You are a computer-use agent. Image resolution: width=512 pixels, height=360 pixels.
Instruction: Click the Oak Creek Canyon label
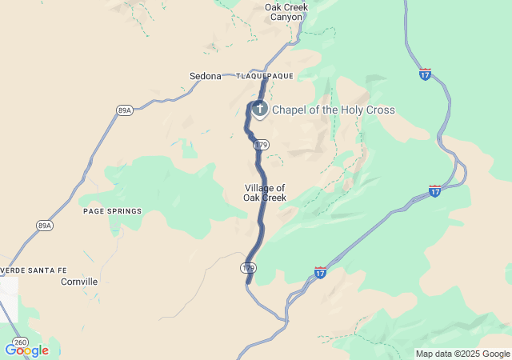286,12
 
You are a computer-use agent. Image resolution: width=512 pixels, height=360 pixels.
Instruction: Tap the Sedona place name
205,76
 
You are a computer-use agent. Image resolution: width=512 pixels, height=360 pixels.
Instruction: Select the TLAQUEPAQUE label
264,76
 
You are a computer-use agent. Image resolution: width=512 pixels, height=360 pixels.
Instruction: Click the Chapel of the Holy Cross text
333,110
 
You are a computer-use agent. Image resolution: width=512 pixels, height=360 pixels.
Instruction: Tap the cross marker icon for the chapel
260,108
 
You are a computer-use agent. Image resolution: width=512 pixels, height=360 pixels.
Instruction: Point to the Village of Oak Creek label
265,193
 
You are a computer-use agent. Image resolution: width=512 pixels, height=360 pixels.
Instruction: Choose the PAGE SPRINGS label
112,211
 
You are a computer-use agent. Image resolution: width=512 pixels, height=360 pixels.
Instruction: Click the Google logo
26,350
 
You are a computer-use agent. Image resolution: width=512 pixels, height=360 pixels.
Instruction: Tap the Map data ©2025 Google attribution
463,354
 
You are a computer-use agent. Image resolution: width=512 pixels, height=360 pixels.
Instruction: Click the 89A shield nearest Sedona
124,110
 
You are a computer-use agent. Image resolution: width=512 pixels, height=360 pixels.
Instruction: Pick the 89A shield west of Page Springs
44,226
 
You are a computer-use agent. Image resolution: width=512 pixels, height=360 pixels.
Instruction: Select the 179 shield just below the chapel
261,145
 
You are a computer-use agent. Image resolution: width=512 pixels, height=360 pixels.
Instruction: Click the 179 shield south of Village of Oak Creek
249,266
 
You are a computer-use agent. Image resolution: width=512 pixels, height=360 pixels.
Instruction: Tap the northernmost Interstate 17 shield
425,74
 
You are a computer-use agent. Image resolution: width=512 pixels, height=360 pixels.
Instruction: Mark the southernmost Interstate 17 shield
320,273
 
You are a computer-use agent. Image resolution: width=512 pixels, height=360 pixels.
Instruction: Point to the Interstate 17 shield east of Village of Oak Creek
434,190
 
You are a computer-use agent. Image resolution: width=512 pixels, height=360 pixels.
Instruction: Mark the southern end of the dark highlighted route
248,282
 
